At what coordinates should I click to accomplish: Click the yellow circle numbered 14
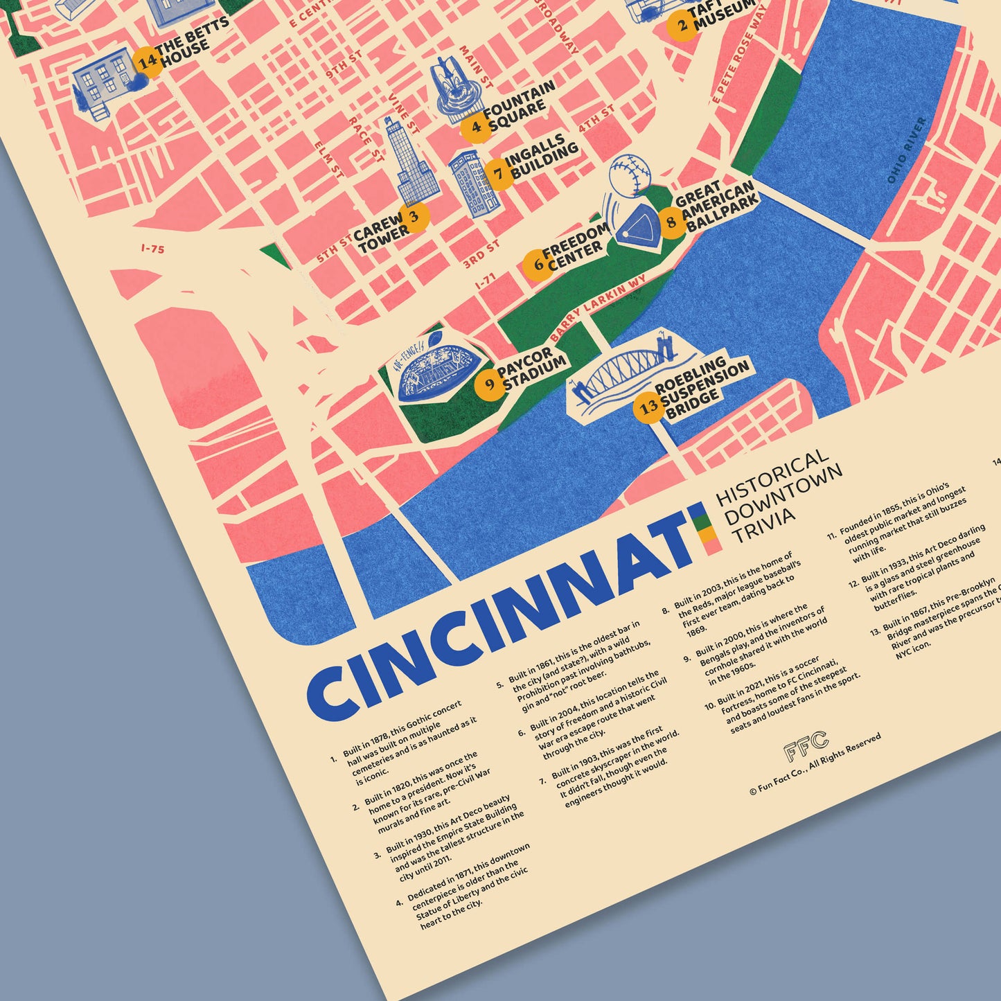tap(147, 62)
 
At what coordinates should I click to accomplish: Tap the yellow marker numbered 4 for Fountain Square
tap(476, 127)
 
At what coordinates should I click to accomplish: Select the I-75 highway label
tap(152, 249)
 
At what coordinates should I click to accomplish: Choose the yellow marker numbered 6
tap(538, 265)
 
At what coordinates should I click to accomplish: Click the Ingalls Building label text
tap(541, 157)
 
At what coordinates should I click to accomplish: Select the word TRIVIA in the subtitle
tap(763, 524)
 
